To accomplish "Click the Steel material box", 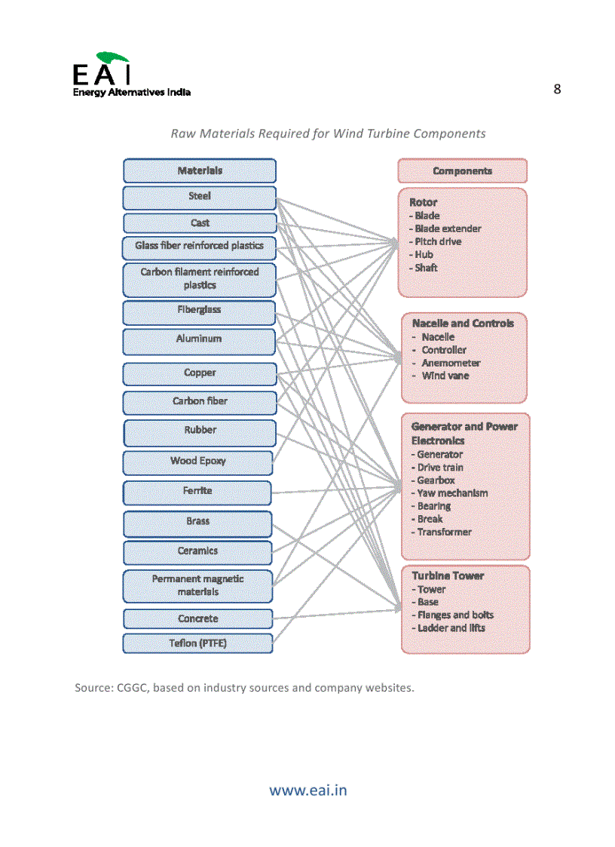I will click(x=200, y=198).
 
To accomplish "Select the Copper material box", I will click(x=200, y=373).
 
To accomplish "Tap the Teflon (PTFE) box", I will click(x=198, y=643).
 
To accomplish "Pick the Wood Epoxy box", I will click(x=198, y=462).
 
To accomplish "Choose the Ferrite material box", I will click(x=197, y=492).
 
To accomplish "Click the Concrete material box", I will click(x=198, y=619).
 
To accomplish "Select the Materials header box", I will click(x=200, y=170).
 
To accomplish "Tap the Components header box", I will click(x=462, y=171).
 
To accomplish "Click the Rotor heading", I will click(x=423, y=202).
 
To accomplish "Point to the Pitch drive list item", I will click(x=438, y=241).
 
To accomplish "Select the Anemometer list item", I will click(x=451, y=363).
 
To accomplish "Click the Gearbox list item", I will click(x=436, y=480).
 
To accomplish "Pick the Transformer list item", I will click(x=444, y=532).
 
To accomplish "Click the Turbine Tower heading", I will click(x=448, y=575).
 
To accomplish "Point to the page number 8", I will click(x=557, y=89).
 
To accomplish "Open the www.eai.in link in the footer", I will click(x=308, y=790).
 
